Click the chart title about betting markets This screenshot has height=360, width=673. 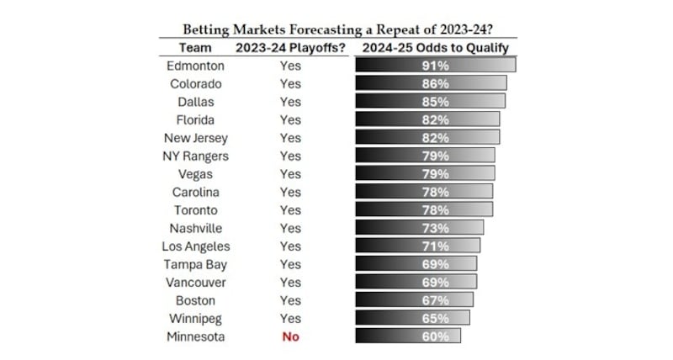[x=337, y=30]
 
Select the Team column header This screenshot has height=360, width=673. [x=195, y=48]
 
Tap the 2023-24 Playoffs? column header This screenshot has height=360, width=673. [x=289, y=48]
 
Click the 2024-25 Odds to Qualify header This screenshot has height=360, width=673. [x=435, y=48]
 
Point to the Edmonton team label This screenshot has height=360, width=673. [x=195, y=66]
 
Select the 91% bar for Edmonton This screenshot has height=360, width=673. [x=435, y=66]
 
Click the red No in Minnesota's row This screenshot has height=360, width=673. [x=289, y=336]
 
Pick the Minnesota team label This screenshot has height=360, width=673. [x=195, y=336]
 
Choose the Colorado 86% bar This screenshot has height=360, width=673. [x=430, y=83]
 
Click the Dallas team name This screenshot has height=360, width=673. [x=195, y=102]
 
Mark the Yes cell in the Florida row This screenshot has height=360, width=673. [x=289, y=119]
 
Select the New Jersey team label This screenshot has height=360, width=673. [x=195, y=138]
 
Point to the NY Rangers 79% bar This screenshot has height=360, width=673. [x=425, y=156]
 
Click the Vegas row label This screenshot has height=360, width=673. [x=195, y=174]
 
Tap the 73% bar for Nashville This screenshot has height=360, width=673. [x=419, y=228]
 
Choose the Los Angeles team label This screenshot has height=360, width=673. [x=195, y=246]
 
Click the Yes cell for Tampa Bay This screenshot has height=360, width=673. [x=289, y=264]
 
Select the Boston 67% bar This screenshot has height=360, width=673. [x=414, y=300]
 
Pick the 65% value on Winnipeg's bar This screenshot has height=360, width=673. [x=435, y=319]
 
